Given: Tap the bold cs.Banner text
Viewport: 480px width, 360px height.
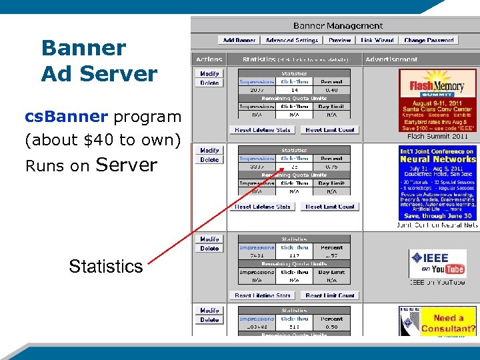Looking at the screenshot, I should [x=66, y=117].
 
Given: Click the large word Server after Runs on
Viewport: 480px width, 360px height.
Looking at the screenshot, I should [x=127, y=165].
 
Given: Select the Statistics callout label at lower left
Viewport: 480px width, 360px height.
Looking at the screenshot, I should [x=105, y=267].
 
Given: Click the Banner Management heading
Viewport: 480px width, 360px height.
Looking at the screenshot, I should [x=338, y=26].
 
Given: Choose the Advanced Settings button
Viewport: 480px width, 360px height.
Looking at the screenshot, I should [x=291, y=40].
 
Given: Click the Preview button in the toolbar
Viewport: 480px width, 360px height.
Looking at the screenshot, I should [x=339, y=40].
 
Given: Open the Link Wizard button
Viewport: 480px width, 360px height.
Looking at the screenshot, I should [x=377, y=40].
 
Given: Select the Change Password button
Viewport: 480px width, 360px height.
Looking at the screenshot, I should [x=429, y=40].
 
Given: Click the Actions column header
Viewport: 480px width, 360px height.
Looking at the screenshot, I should [x=209, y=59].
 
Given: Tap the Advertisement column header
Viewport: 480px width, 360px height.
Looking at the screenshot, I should [x=391, y=59].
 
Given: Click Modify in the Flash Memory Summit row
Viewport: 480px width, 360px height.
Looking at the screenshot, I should [x=209, y=74].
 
